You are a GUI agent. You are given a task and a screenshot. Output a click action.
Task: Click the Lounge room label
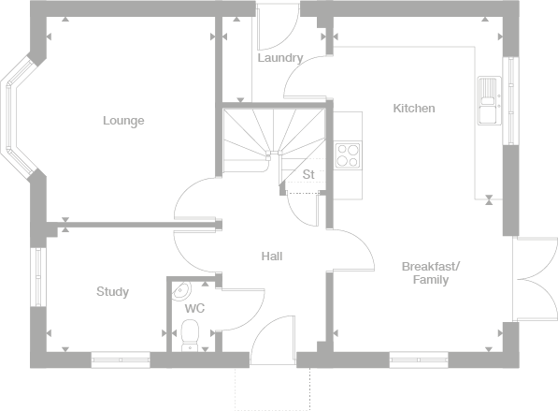pos(123,121)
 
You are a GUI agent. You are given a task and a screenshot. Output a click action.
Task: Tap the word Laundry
pos(280,58)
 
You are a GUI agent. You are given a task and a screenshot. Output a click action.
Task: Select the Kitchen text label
pos(414,108)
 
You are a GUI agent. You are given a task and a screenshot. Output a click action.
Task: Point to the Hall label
pos(272,256)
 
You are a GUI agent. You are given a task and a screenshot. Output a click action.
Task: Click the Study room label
pos(112,291)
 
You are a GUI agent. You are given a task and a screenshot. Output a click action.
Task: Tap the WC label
pos(194,308)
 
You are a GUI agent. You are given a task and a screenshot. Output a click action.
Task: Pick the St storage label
pos(308,174)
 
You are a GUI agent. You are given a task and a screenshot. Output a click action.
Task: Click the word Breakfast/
pos(431,266)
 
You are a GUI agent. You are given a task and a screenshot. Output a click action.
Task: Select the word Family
pos(431,280)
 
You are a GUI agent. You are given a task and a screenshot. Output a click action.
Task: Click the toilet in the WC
pos(190,335)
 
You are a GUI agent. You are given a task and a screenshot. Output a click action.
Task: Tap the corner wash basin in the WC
pos(181,290)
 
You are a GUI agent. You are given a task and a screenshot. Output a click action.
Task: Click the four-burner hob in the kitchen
pos(348,155)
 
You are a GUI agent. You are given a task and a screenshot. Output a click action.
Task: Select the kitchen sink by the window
pos(490,100)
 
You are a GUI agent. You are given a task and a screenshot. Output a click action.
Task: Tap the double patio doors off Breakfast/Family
pos(535,279)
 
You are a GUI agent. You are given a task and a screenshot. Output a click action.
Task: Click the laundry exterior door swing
pos(278,27)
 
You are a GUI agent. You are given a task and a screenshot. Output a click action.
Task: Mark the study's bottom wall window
pos(121,360)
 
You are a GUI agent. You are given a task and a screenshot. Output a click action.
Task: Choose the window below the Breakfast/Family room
pos(419,360)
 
